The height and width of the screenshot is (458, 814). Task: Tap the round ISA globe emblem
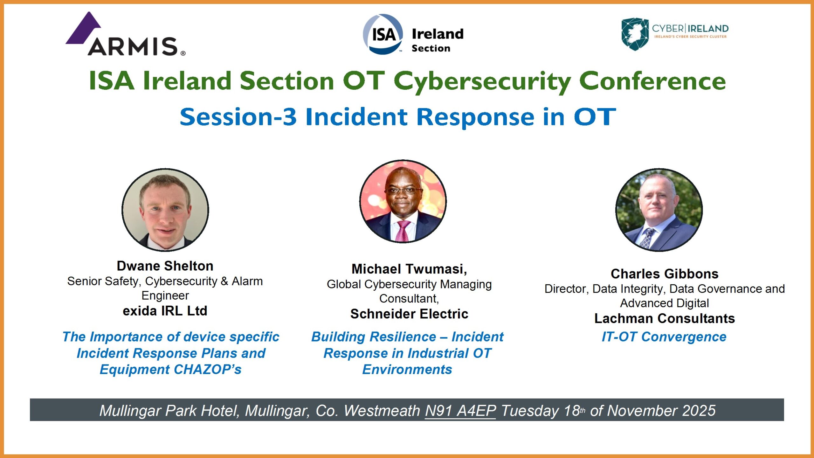pyautogui.click(x=383, y=34)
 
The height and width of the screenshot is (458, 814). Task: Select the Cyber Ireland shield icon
pyautogui.click(x=635, y=34)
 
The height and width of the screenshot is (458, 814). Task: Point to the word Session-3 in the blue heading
pyautogui.click(x=238, y=117)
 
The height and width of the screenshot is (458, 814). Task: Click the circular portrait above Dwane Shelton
pyautogui.click(x=165, y=210)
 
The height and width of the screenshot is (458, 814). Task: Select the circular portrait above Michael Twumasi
pyautogui.click(x=403, y=201)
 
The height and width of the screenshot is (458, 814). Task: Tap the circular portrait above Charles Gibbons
pyautogui.click(x=659, y=210)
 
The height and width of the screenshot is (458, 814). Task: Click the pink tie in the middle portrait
pyautogui.click(x=403, y=231)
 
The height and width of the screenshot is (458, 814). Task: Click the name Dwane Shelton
pyautogui.click(x=165, y=266)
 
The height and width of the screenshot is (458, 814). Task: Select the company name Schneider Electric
pyautogui.click(x=409, y=314)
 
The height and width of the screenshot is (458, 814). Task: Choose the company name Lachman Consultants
pyautogui.click(x=665, y=318)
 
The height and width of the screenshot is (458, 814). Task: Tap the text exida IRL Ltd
pyautogui.click(x=165, y=311)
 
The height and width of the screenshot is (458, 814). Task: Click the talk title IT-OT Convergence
pyautogui.click(x=664, y=337)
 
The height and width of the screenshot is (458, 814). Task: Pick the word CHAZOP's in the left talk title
pyautogui.click(x=208, y=370)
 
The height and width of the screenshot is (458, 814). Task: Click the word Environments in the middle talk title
pyautogui.click(x=407, y=370)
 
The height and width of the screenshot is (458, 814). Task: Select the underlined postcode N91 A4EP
pyautogui.click(x=460, y=411)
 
